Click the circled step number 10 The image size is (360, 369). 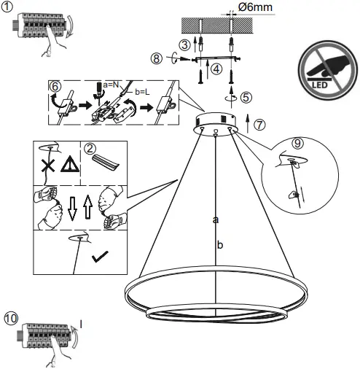coord(9,319)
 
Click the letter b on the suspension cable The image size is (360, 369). coord(219,245)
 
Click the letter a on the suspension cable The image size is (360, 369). coord(215,217)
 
